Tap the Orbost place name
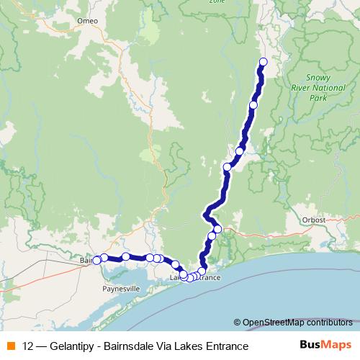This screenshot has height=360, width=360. tap(314, 220)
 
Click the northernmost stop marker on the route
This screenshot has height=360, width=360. tap(263, 62)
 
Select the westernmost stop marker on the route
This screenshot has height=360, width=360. tap(96, 260)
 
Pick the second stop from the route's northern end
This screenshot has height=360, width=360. tap(253, 105)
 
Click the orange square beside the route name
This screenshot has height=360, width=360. tap(10, 346)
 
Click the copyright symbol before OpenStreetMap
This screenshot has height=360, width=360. tap(237, 322)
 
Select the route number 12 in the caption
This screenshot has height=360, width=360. tap(28, 346)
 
